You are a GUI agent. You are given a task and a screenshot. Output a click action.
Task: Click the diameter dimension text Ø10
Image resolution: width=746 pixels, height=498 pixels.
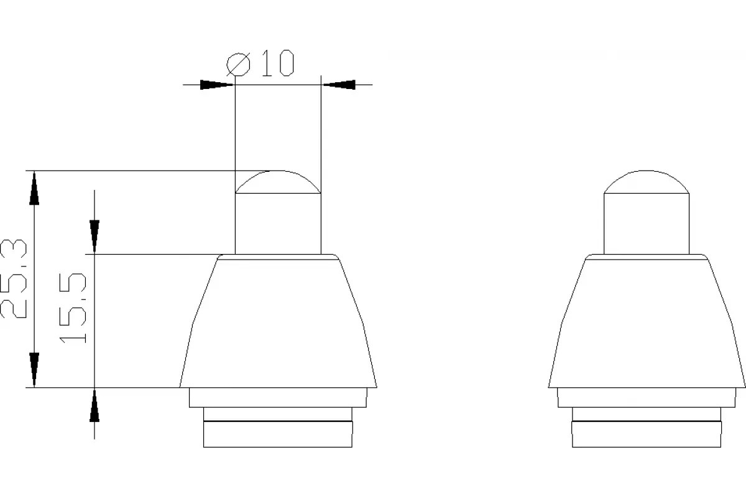click(260, 63)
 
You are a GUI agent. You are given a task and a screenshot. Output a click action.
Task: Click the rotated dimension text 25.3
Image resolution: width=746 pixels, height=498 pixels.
click(13, 278)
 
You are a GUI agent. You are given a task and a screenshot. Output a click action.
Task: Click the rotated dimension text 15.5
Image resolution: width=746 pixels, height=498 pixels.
click(73, 308)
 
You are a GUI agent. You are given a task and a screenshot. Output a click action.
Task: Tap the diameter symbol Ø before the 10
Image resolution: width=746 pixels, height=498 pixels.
click(238, 64)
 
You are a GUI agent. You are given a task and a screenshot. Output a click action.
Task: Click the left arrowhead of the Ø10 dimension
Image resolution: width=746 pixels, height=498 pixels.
click(217, 85)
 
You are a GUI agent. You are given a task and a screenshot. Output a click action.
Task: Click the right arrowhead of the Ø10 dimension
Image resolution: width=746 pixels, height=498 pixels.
click(339, 85)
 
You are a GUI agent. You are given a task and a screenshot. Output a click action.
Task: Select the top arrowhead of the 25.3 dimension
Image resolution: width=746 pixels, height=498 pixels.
click(34, 188)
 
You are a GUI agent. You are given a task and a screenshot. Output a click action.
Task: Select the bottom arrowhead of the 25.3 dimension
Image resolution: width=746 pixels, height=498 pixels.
click(34, 370)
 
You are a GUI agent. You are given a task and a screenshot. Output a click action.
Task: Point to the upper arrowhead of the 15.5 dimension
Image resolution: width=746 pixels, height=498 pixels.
click(94, 237)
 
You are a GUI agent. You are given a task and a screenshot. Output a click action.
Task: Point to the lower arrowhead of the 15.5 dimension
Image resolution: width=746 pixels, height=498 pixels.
click(94, 405)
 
